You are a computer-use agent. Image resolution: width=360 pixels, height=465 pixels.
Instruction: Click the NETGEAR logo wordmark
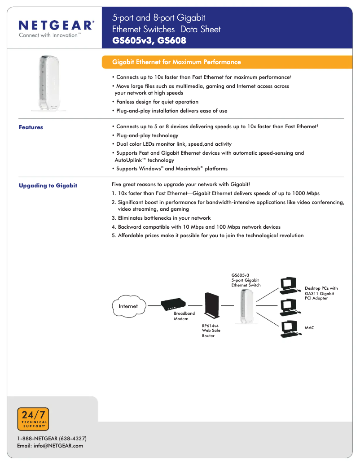coord(56,25)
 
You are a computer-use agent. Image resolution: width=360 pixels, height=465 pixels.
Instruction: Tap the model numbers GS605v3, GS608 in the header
coord(149,41)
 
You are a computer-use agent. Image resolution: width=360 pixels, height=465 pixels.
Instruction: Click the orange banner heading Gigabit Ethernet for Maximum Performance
coord(176,62)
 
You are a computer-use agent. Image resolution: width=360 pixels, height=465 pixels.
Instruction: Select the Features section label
coord(31,127)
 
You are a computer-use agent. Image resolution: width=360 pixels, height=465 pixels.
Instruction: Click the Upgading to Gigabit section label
coord(48,186)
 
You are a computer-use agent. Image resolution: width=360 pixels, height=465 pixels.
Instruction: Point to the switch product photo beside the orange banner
coord(45,83)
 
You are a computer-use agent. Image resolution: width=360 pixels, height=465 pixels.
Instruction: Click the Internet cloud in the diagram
coord(128,306)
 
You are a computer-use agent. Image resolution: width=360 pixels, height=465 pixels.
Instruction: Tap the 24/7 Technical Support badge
coord(33,419)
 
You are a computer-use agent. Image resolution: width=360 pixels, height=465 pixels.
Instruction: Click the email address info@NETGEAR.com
coord(50,446)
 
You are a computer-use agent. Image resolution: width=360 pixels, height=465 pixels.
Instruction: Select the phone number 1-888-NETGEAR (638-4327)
coord(52,438)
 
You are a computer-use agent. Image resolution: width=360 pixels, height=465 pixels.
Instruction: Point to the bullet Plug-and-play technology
coord(147,135)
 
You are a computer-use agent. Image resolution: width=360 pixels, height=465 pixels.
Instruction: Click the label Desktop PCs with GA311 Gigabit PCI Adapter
coord(321,293)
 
